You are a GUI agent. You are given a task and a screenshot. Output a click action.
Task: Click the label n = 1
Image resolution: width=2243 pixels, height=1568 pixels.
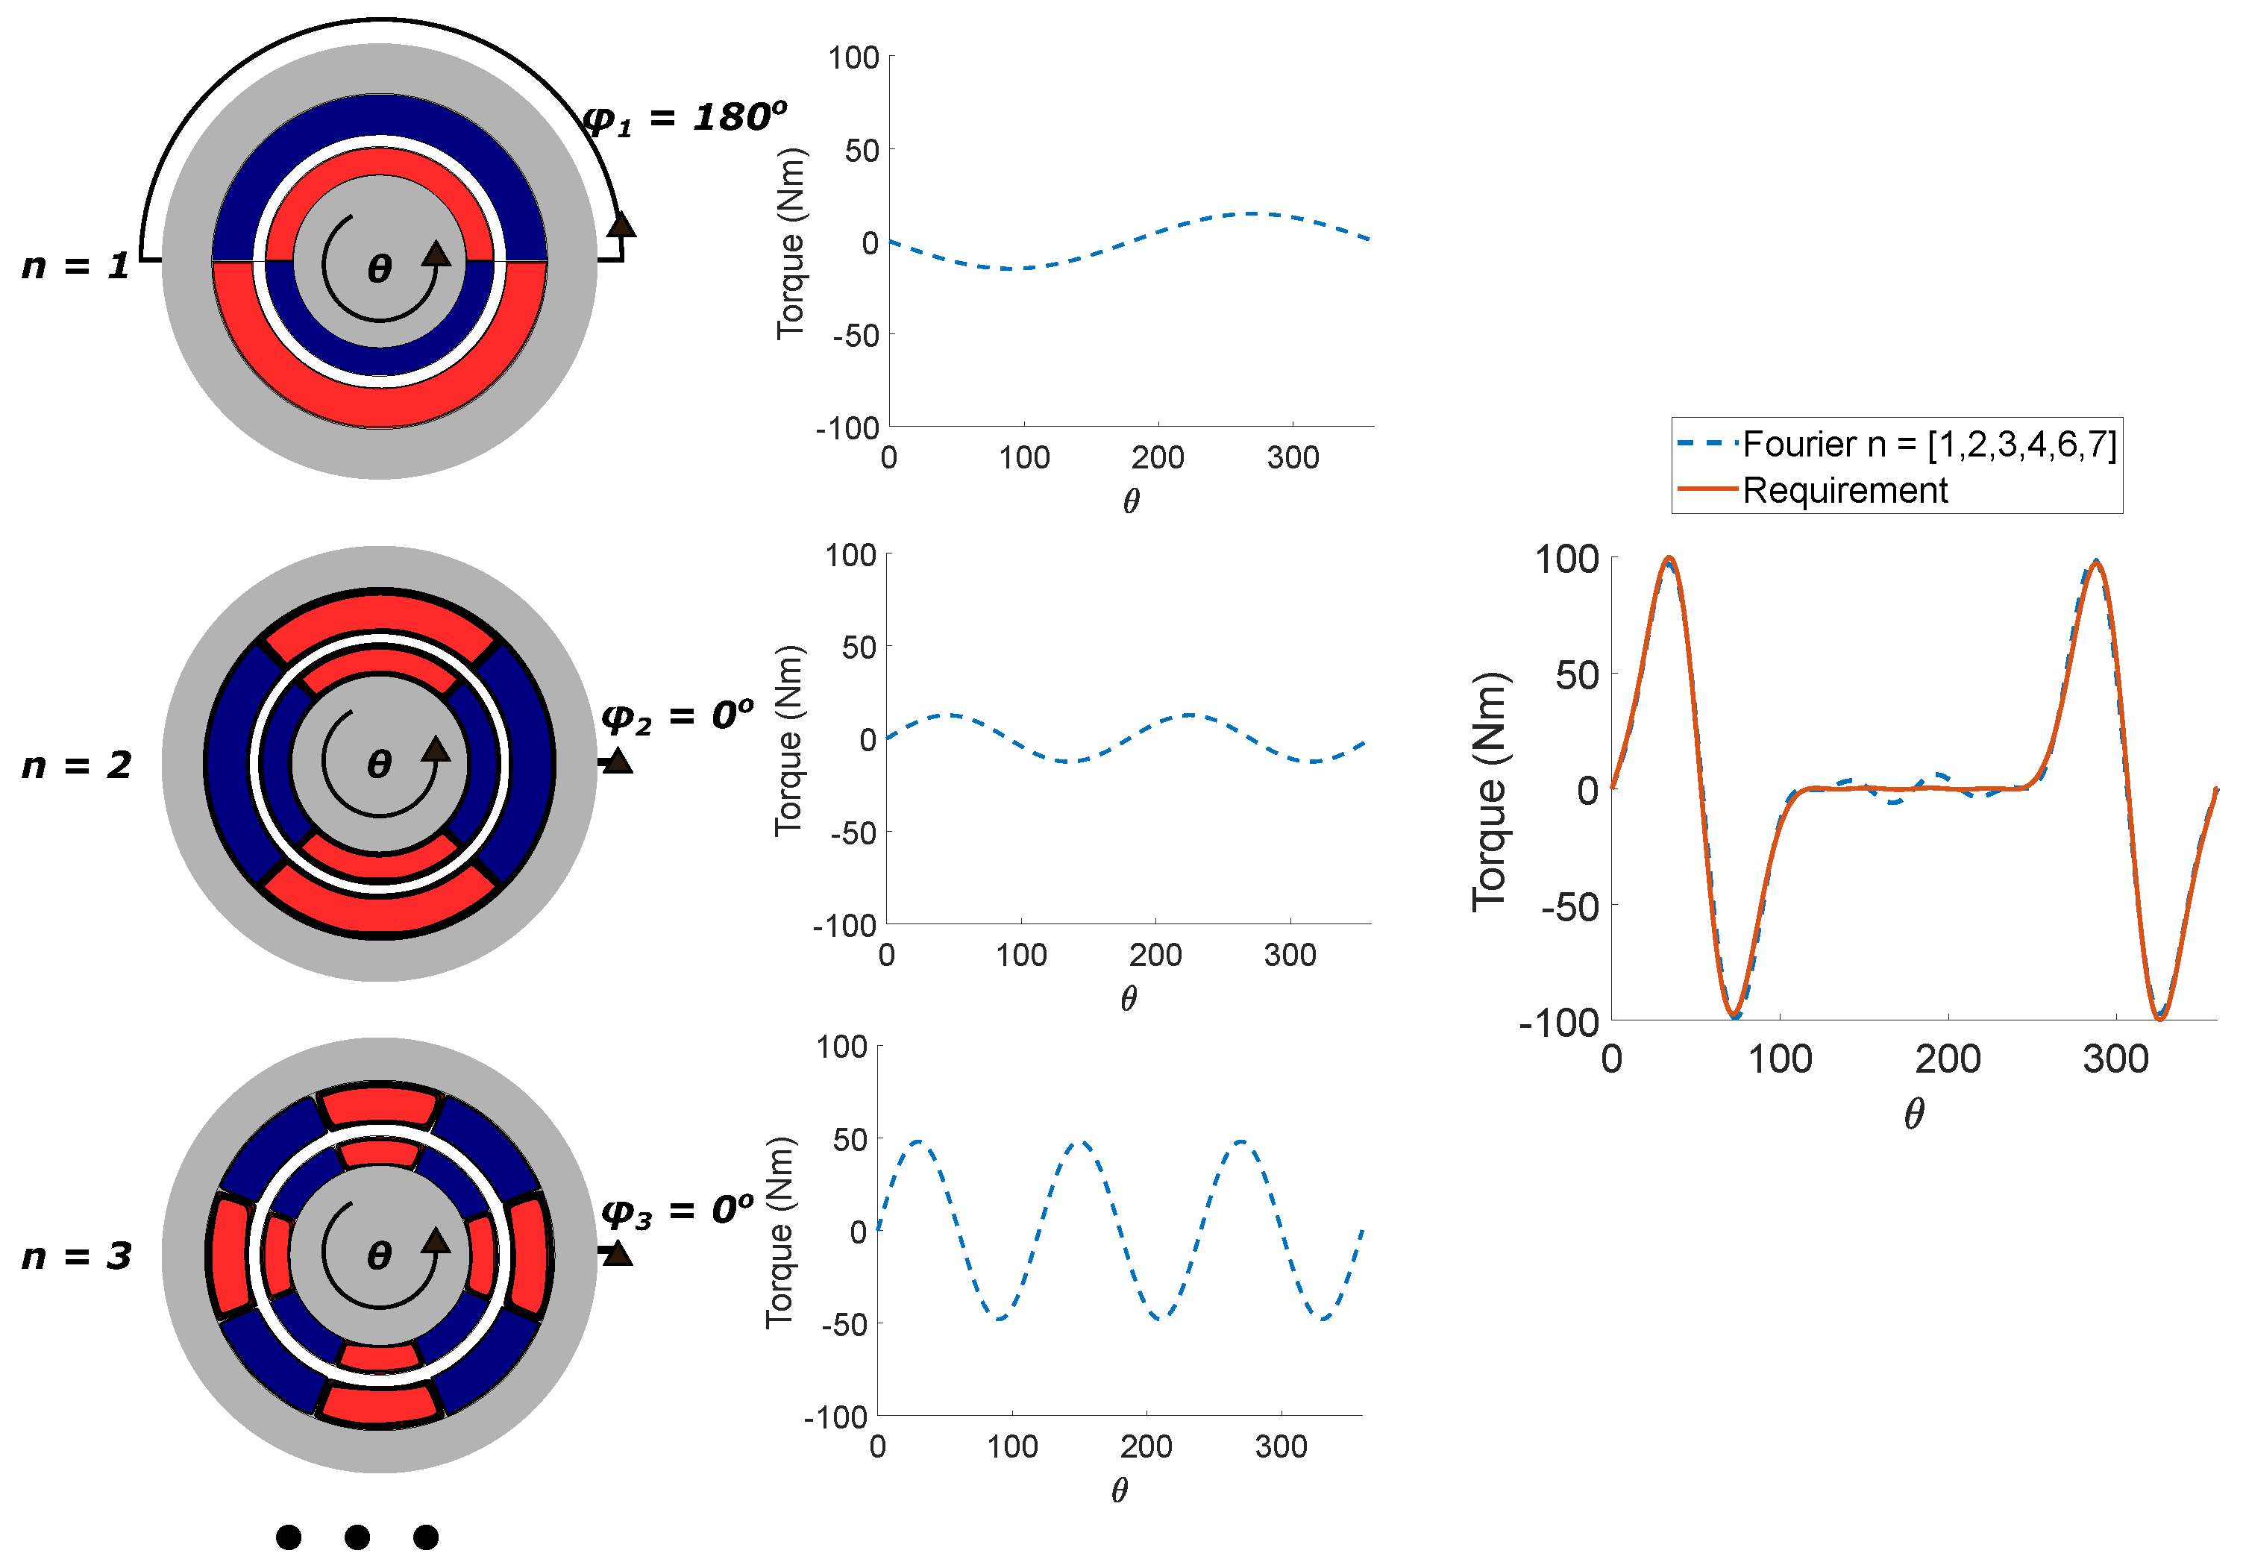(x=75, y=266)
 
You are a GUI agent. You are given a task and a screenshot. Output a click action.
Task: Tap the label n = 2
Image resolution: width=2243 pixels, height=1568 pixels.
(x=76, y=765)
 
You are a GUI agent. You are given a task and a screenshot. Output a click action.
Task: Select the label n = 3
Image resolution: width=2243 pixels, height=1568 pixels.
(x=76, y=1255)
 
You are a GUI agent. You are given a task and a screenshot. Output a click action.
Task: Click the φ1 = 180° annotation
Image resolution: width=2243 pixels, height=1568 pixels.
(x=684, y=118)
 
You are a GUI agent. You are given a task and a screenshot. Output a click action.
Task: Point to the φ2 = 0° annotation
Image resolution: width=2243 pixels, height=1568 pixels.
(x=677, y=716)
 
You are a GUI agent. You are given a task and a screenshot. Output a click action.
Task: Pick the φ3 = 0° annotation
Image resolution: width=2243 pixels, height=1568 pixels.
(x=677, y=1211)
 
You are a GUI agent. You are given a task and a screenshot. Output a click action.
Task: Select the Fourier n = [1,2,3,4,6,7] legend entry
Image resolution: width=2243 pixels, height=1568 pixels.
(x=1928, y=445)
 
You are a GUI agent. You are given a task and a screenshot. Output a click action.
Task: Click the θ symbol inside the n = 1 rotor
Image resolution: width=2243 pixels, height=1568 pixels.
(x=379, y=268)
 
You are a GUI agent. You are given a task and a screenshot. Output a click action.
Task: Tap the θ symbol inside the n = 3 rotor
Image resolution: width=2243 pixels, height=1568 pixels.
(x=379, y=1255)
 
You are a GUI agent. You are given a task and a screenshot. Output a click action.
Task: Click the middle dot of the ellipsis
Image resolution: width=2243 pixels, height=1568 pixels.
(x=357, y=1537)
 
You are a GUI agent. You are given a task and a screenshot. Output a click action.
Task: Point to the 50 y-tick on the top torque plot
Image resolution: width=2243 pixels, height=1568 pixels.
(x=862, y=151)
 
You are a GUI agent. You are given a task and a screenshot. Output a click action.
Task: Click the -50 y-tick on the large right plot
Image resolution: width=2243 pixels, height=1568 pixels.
(x=1570, y=906)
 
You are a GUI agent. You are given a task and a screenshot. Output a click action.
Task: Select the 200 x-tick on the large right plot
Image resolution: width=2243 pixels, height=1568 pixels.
(x=1947, y=1059)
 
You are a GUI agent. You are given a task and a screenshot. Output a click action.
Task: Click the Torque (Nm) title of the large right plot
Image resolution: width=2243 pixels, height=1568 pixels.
(x=1490, y=791)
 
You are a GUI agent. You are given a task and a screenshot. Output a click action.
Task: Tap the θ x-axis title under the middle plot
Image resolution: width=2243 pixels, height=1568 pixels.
(x=1129, y=998)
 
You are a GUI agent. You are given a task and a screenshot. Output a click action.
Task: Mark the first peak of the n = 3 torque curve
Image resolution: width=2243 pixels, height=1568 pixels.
(x=918, y=1141)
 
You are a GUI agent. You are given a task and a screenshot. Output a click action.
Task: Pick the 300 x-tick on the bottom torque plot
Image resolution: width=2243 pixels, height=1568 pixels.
(x=1281, y=1446)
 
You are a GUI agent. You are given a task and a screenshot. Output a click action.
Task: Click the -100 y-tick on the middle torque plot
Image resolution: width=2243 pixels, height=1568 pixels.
(x=844, y=925)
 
